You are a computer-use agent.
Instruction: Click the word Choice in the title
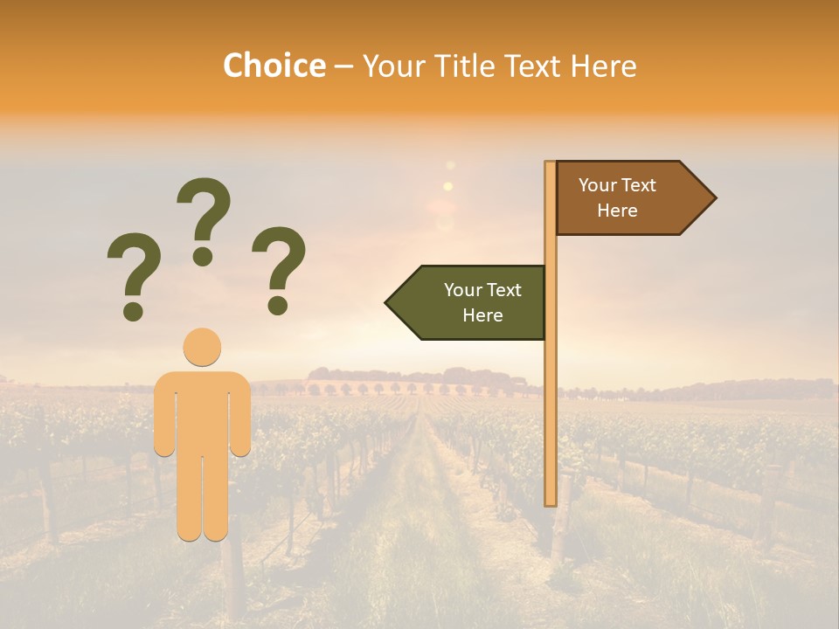click(274, 66)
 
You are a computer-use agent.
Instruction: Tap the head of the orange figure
click(202, 347)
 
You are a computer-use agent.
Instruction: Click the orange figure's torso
click(202, 411)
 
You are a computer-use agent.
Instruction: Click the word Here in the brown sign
click(617, 211)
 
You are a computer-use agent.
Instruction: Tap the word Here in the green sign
click(482, 315)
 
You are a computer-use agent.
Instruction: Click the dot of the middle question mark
click(203, 256)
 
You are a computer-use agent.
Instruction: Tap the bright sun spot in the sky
click(448, 186)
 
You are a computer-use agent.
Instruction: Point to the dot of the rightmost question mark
click(278, 305)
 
